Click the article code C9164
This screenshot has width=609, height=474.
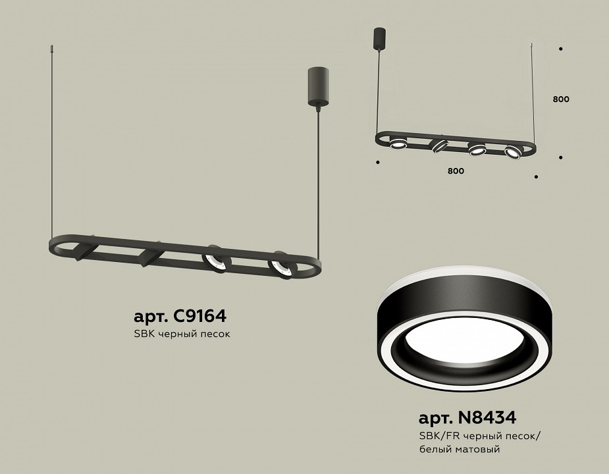point(180,317)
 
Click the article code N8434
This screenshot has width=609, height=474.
point(467,417)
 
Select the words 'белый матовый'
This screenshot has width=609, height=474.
point(459,449)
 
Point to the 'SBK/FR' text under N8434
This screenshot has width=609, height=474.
point(437,436)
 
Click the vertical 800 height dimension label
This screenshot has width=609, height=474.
point(561,99)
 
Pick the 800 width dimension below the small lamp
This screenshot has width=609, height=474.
point(456,171)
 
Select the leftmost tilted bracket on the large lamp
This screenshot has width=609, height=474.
point(84,251)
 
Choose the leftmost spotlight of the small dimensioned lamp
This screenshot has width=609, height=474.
point(397,143)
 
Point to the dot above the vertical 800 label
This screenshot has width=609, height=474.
point(560,49)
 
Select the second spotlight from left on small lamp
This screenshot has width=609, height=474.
point(437,145)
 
